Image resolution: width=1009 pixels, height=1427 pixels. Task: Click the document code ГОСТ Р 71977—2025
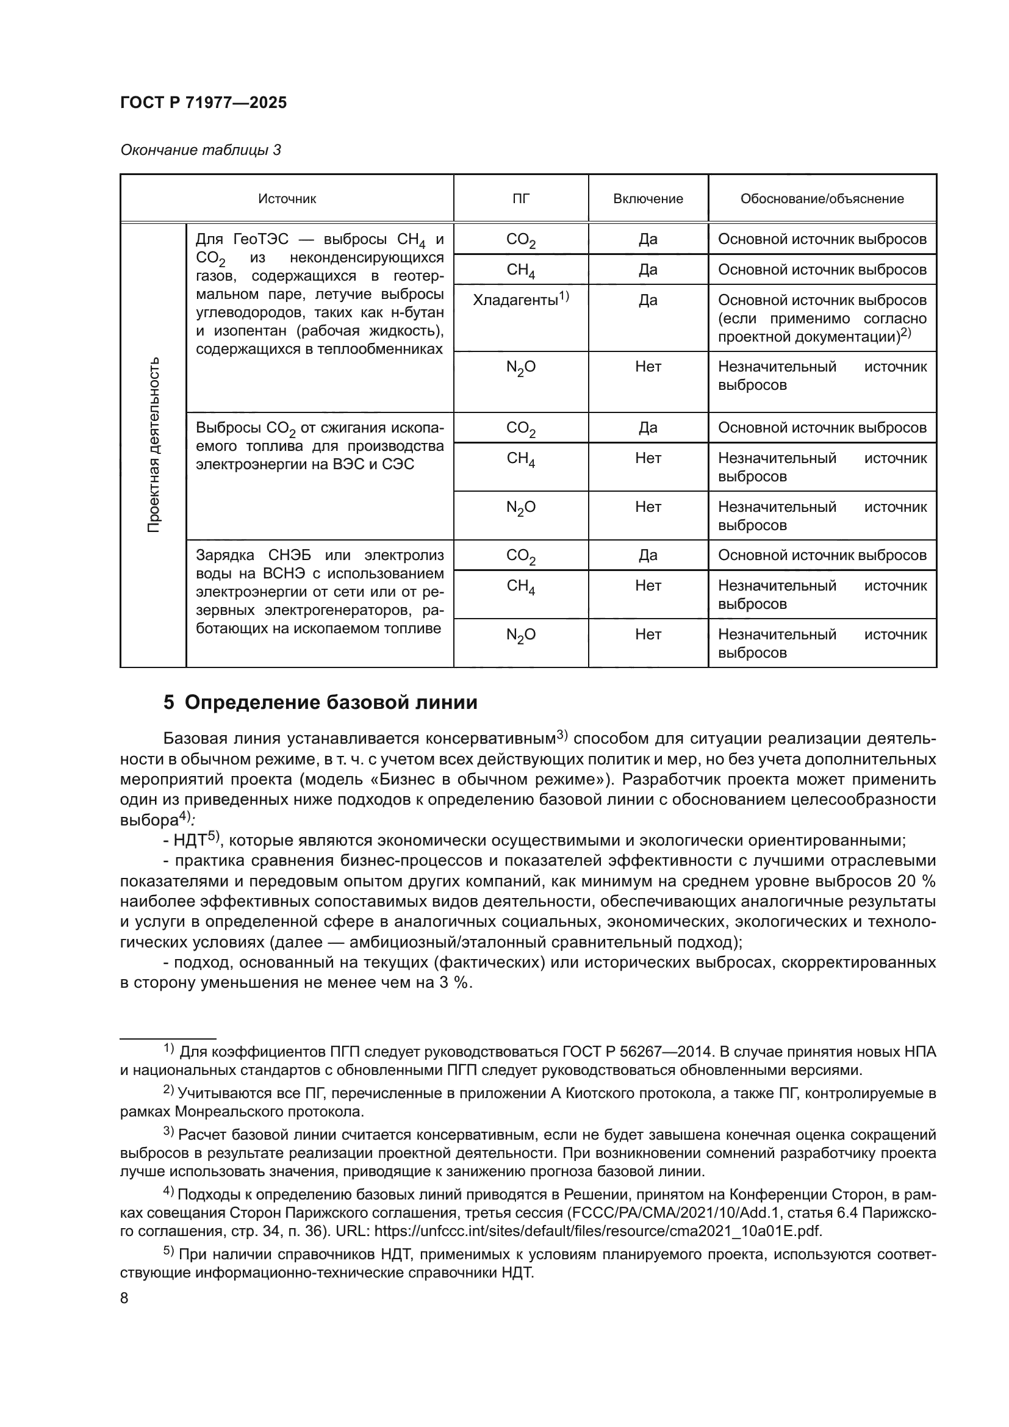(x=203, y=103)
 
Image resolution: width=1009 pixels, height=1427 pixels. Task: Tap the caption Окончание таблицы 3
(x=200, y=150)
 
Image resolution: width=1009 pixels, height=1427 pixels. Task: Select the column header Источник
(x=287, y=199)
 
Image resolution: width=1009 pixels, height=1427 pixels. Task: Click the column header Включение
(x=647, y=199)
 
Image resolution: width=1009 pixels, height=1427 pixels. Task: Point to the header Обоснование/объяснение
(x=821, y=199)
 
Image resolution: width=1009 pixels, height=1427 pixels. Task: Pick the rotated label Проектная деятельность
(x=154, y=444)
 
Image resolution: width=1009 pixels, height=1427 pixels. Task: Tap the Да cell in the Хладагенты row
(x=647, y=300)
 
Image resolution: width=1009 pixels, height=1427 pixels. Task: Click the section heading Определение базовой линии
(x=331, y=702)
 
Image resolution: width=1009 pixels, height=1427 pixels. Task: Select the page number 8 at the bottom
(x=124, y=1298)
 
